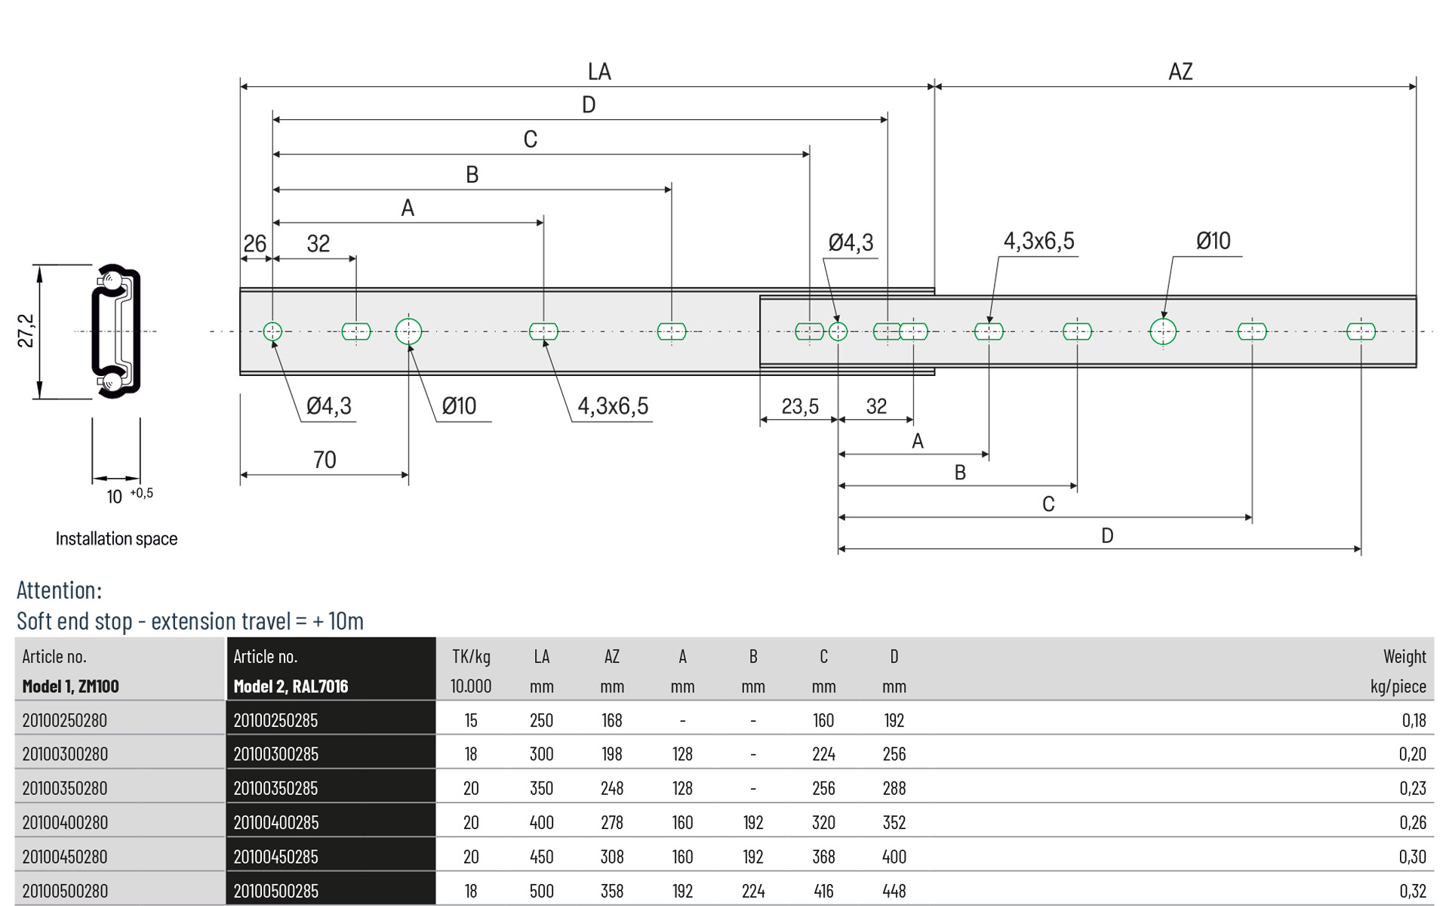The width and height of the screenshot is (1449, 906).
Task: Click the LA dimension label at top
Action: pos(599,72)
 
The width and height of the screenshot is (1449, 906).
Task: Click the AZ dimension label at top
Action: pos(1180,72)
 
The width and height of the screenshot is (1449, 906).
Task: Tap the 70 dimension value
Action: pos(325,460)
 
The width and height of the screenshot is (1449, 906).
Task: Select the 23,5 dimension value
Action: pos(800,407)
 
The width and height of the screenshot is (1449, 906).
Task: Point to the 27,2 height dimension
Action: pos(26,331)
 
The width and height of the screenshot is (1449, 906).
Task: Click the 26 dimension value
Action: pos(254,244)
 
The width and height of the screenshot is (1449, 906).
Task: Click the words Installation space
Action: pos(116,539)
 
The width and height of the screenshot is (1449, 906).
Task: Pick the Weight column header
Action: pos(1404,657)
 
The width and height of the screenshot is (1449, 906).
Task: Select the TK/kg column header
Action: pos(471,657)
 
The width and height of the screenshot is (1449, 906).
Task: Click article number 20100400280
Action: pos(65,822)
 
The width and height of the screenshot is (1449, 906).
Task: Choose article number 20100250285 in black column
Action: pos(275,720)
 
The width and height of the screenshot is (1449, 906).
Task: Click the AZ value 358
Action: pos(612,891)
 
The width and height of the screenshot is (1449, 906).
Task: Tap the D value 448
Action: pos(894,891)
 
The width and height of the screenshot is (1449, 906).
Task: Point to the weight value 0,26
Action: pos(1413,822)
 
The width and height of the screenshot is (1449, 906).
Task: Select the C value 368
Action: pos(823,857)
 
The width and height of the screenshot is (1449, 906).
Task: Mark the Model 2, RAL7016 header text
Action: pos(291,686)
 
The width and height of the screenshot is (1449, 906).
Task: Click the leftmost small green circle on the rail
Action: pos(272,331)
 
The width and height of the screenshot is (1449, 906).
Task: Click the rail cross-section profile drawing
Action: pos(116,331)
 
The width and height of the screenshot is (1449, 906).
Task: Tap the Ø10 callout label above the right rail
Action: pos(1213,242)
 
